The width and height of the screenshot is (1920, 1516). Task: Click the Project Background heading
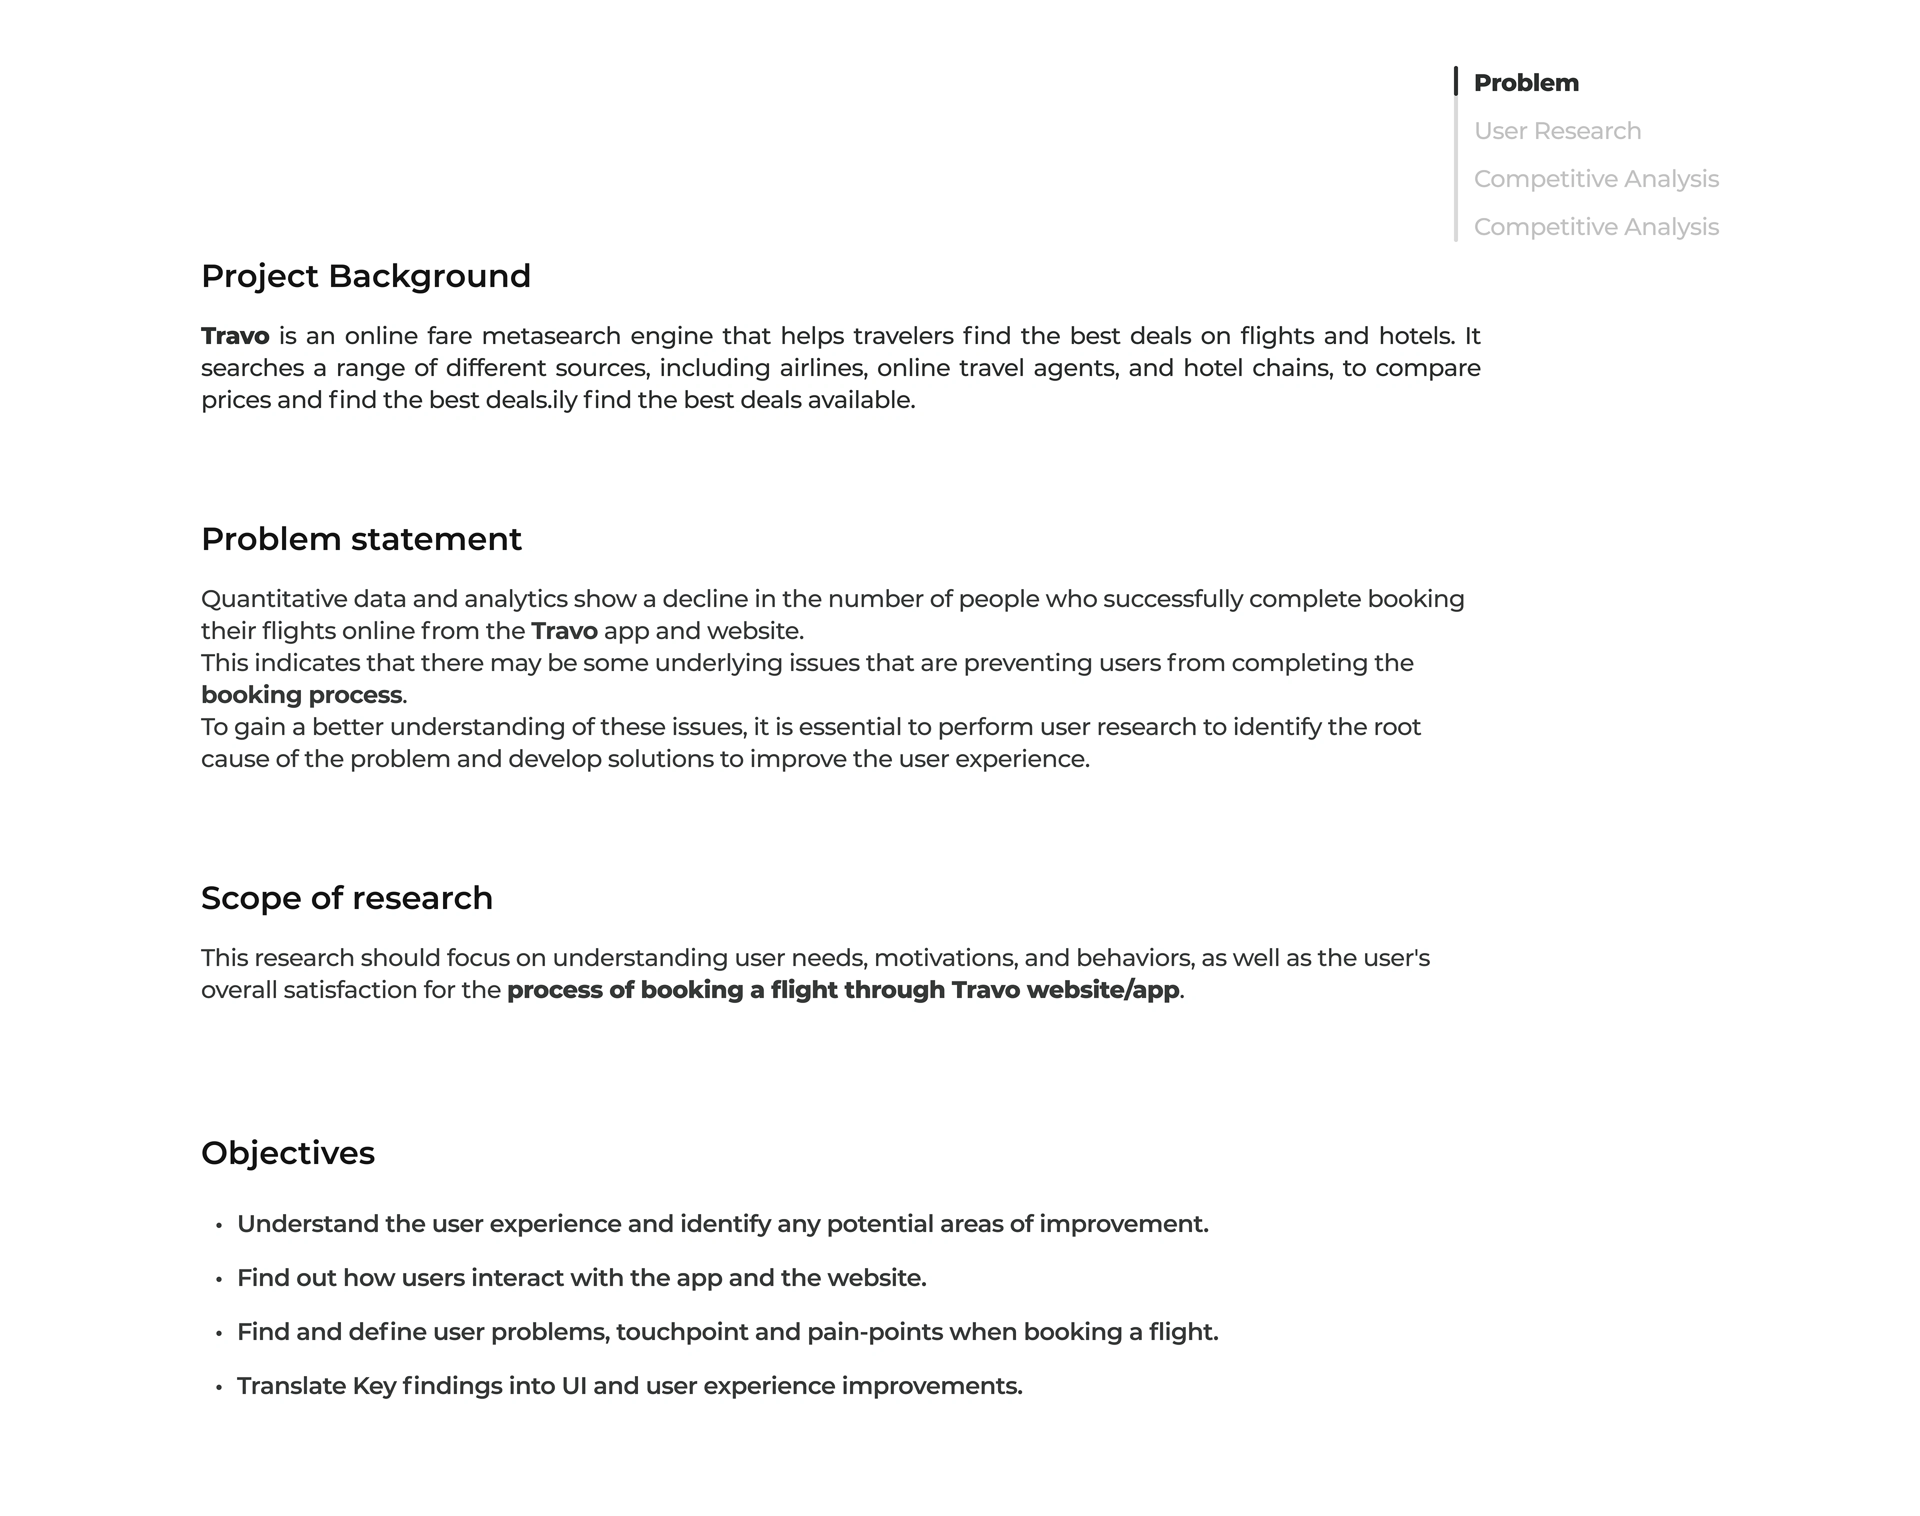point(365,276)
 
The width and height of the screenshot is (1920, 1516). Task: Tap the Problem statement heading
point(361,539)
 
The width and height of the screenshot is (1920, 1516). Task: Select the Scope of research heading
point(346,898)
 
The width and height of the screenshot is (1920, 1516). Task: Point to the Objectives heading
point(287,1153)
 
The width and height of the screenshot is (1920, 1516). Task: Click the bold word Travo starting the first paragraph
point(235,336)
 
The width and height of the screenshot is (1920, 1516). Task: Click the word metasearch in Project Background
point(550,336)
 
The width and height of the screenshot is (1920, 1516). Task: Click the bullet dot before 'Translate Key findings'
point(218,1388)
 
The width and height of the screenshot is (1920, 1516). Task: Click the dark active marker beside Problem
point(1456,81)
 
